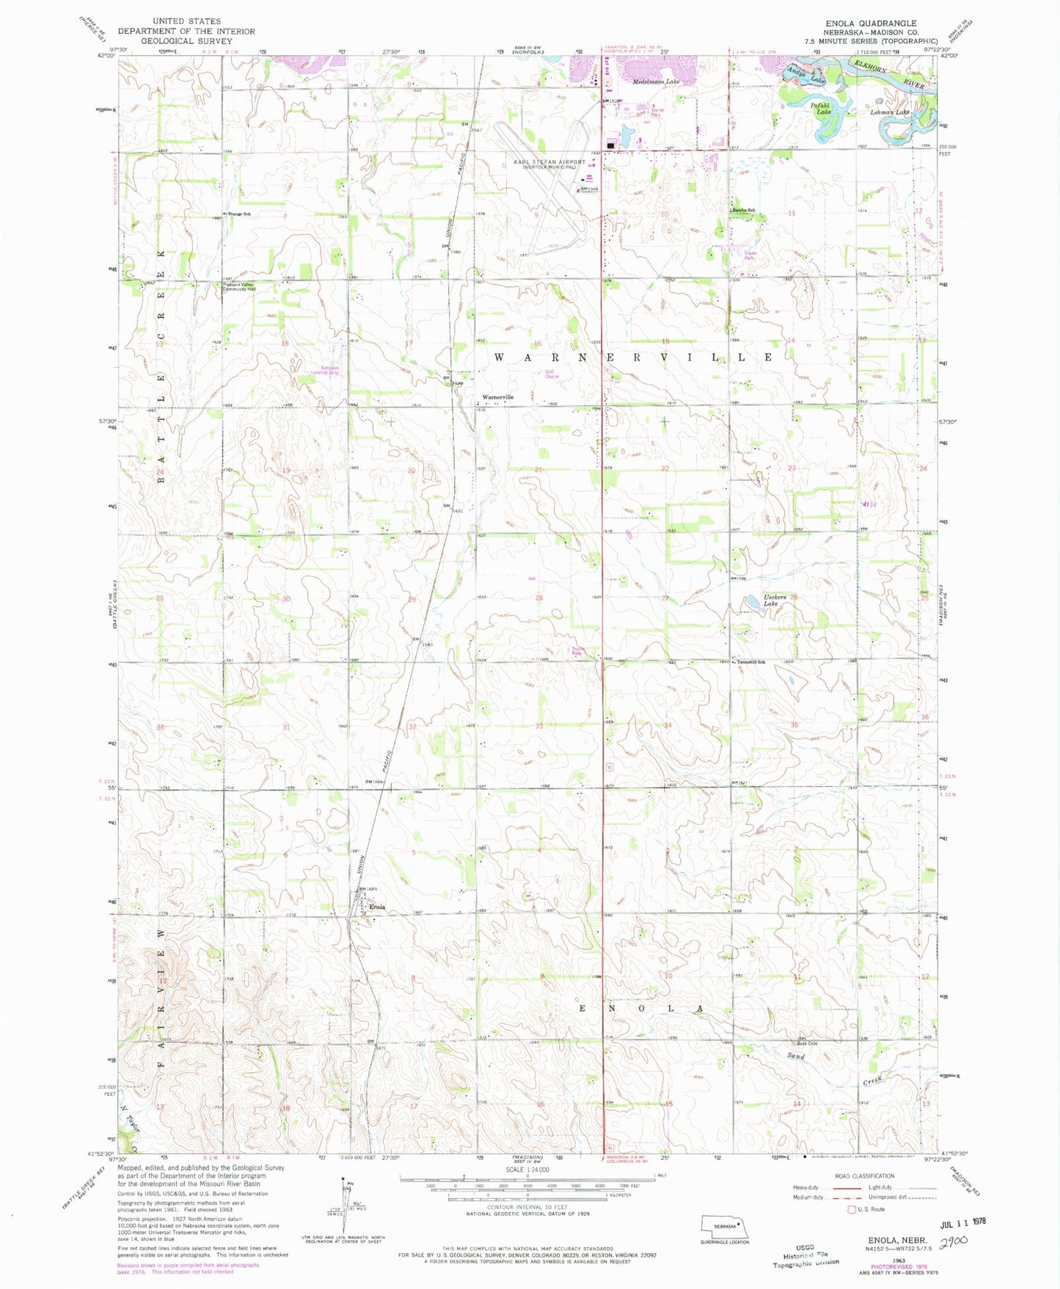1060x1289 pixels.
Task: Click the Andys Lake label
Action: (x=805, y=75)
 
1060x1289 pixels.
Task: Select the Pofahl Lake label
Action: (x=820, y=109)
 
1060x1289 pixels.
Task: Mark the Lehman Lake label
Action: (x=889, y=112)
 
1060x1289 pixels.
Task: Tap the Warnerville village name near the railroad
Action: (x=497, y=397)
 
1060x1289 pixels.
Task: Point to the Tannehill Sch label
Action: (x=750, y=662)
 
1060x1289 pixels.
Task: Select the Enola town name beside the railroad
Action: (x=377, y=907)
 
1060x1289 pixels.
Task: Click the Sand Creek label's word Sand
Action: (x=796, y=1056)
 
